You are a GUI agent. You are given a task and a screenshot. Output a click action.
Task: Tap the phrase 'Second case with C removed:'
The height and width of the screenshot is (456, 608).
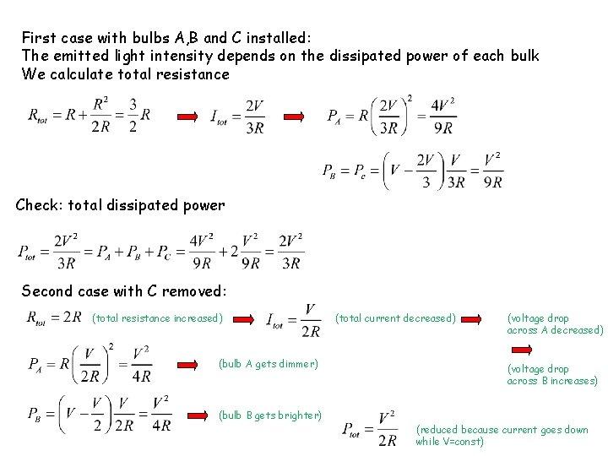123,290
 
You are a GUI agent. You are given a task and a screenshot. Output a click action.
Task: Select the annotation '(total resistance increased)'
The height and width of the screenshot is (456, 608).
157,318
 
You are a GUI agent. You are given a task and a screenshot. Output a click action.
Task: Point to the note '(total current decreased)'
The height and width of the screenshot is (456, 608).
395,318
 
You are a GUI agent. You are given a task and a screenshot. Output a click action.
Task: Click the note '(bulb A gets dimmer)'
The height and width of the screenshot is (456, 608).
269,364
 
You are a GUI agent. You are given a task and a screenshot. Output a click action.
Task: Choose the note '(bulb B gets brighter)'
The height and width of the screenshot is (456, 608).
270,415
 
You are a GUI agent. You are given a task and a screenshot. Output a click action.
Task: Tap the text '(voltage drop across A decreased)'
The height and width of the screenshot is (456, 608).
555,324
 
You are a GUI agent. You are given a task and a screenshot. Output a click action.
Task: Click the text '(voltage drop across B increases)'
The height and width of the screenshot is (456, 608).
551,375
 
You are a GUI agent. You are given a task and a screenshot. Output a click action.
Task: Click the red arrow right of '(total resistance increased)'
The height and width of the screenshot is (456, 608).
245,319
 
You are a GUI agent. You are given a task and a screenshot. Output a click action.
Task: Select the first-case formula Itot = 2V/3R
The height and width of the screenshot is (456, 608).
237,116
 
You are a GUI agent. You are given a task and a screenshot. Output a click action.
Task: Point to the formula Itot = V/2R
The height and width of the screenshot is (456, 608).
294,320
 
